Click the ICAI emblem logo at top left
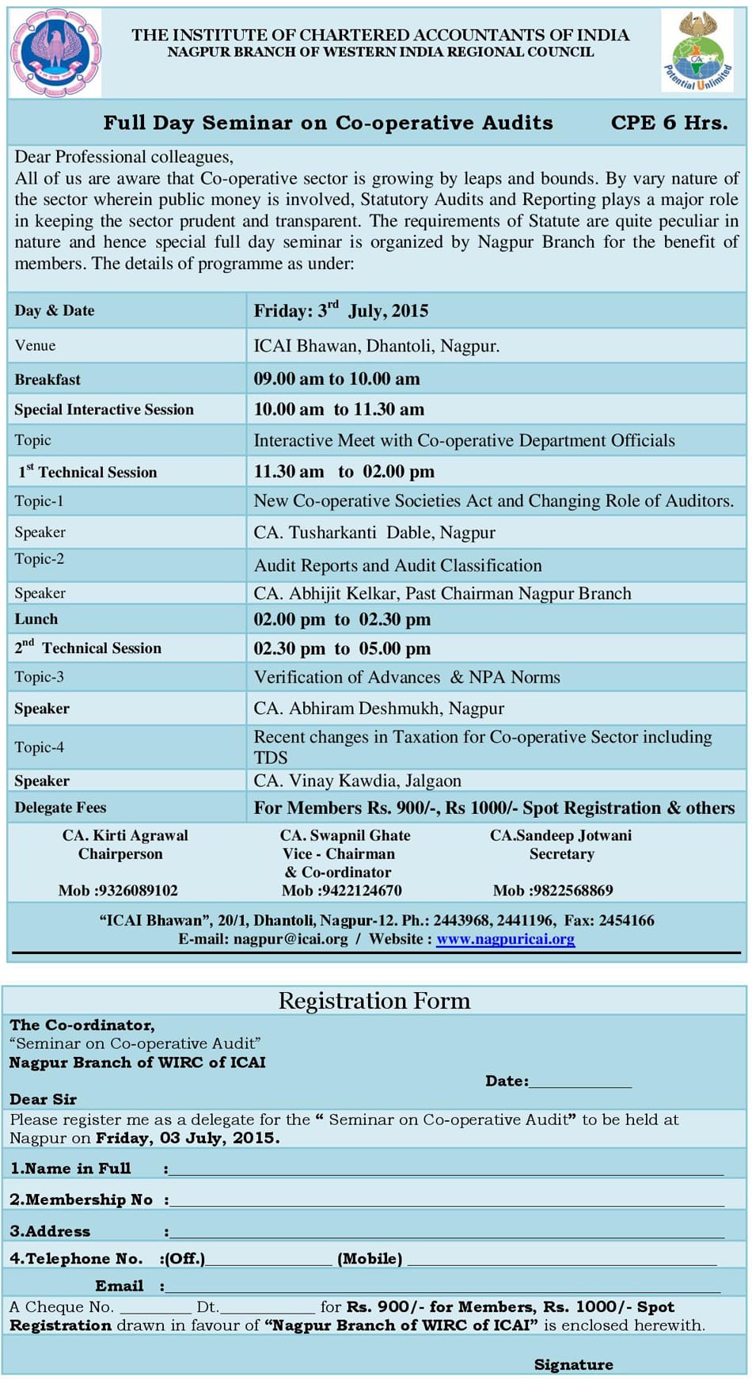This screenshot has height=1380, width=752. click(55, 52)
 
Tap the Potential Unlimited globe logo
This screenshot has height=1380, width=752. click(697, 51)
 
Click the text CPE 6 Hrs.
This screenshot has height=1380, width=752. click(669, 123)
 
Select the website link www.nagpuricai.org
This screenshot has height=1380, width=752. click(505, 939)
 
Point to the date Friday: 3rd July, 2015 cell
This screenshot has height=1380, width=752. click(340, 310)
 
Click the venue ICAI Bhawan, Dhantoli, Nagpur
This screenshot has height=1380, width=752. click(376, 346)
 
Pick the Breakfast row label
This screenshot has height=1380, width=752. click(47, 379)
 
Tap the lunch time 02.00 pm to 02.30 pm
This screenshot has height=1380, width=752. click(342, 619)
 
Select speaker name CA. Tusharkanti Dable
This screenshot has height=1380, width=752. click(374, 532)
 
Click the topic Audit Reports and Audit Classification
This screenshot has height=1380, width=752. click(397, 565)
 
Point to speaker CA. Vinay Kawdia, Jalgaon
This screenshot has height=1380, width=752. click(357, 781)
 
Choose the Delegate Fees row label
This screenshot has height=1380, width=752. click(60, 808)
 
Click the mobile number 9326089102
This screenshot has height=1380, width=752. click(118, 891)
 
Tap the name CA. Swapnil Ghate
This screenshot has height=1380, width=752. click(345, 835)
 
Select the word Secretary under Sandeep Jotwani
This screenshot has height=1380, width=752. click(561, 853)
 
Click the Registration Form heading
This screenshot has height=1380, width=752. click(374, 1001)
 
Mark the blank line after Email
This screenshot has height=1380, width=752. click(443, 1290)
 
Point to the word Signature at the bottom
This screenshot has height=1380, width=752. click(573, 1364)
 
